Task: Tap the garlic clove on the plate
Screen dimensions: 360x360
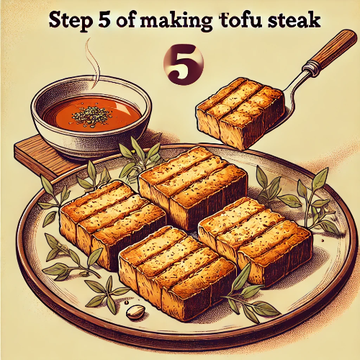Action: coord(135,311)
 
